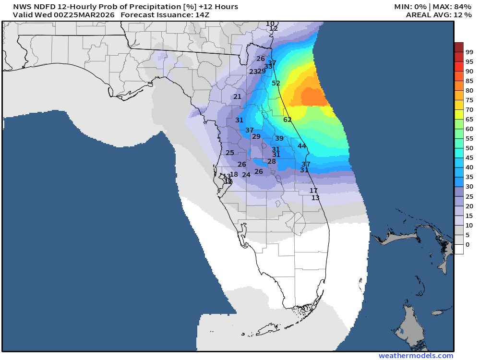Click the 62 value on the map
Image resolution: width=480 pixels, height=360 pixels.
click(x=288, y=120)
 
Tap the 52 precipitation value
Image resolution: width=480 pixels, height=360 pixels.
click(x=276, y=83)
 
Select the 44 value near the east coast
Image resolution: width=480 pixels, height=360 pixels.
click(x=302, y=146)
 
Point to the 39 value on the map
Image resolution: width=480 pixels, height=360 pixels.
click(x=279, y=138)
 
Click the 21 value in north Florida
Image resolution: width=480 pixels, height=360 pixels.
click(x=238, y=96)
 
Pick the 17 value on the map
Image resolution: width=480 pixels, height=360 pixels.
click(x=313, y=191)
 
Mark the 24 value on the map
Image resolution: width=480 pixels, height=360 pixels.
click(x=246, y=175)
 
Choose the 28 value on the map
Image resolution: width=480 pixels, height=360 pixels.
click(x=272, y=161)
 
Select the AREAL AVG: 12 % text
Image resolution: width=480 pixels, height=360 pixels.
click(x=432, y=15)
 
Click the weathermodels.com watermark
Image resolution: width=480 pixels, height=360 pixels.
click(x=416, y=356)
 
